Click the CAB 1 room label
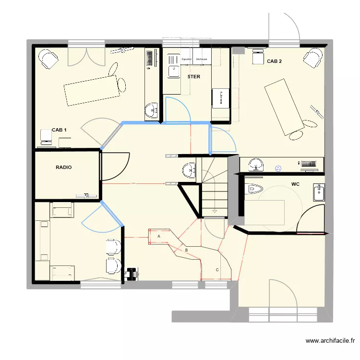[x=59, y=130]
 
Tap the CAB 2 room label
[x=274, y=61]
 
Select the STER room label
[x=193, y=76]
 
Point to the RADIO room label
[x=64, y=168]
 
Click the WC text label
[x=295, y=184]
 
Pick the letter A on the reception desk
[x=158, y=236]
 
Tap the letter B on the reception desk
[x=186, y=250]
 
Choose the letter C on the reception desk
[x=217, y=270]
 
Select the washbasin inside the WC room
[x=318, y=193]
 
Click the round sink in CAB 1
[x=152, y=110]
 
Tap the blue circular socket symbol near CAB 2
[x=277, y=168]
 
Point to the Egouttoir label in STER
[x=187, y=60]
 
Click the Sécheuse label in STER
[x=202, y=60]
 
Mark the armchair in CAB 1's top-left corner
[x=48, y=59]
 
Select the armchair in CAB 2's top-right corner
[x=312, y=59]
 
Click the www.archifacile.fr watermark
[x=330, y=341]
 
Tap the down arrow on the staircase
[x=215, y=210]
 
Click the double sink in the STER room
[x=172, y=67]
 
